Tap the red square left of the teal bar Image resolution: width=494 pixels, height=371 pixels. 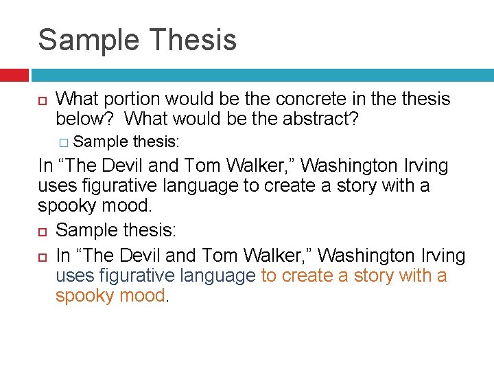(14, 75)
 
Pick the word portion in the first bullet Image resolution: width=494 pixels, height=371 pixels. (138, 99)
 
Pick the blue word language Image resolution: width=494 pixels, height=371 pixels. (217, 276)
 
